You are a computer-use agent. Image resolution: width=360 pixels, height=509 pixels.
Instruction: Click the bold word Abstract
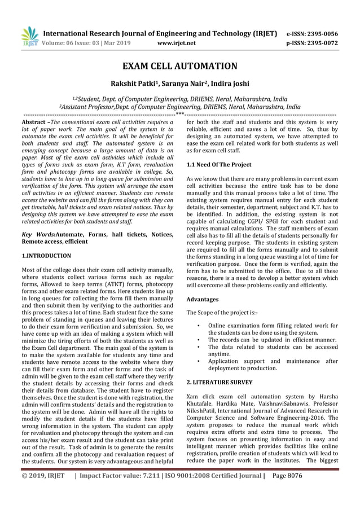[x=33, y=122]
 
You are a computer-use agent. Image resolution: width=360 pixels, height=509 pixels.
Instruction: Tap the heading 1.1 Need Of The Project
[x=219, y=164]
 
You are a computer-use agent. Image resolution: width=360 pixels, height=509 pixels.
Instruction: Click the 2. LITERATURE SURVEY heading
[x=219, y=382]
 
